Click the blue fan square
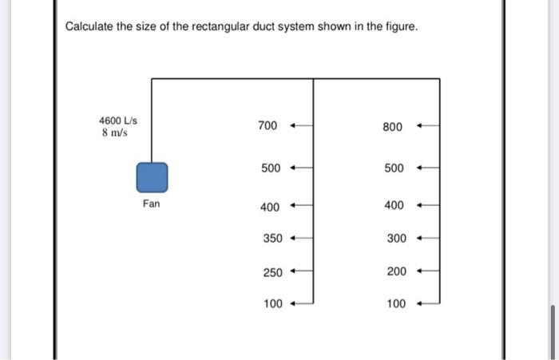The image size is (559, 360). tap(152, 177)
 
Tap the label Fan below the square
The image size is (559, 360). tap(152, 204)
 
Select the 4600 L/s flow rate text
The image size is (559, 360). tap(118, 121)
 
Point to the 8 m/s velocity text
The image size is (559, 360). tap(115, 133)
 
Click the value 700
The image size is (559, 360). tap(268, 126)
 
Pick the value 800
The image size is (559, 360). tap(393, 126)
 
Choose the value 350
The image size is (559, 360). tap(273, 239)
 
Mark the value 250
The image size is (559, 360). tap(273, 272)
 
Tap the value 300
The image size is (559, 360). tap(396, 239)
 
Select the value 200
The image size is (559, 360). tap(396, 272)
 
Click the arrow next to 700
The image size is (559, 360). tap(300, 126)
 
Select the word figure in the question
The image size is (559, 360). tap(399, 28)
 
